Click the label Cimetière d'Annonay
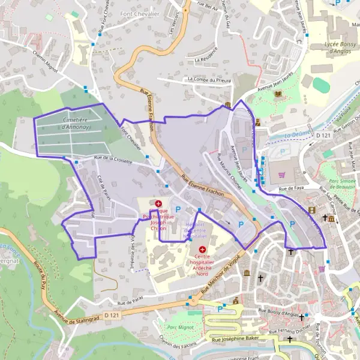[x=76, y=124]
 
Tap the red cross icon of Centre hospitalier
[x=202, y=249]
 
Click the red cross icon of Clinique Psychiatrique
[x=158, y=204]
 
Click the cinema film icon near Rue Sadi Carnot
[x=311, y=210]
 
